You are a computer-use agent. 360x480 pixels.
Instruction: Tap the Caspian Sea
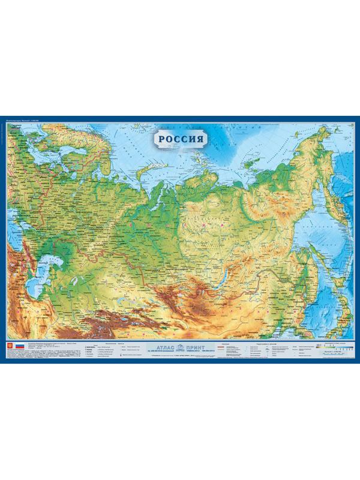point(36,282)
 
